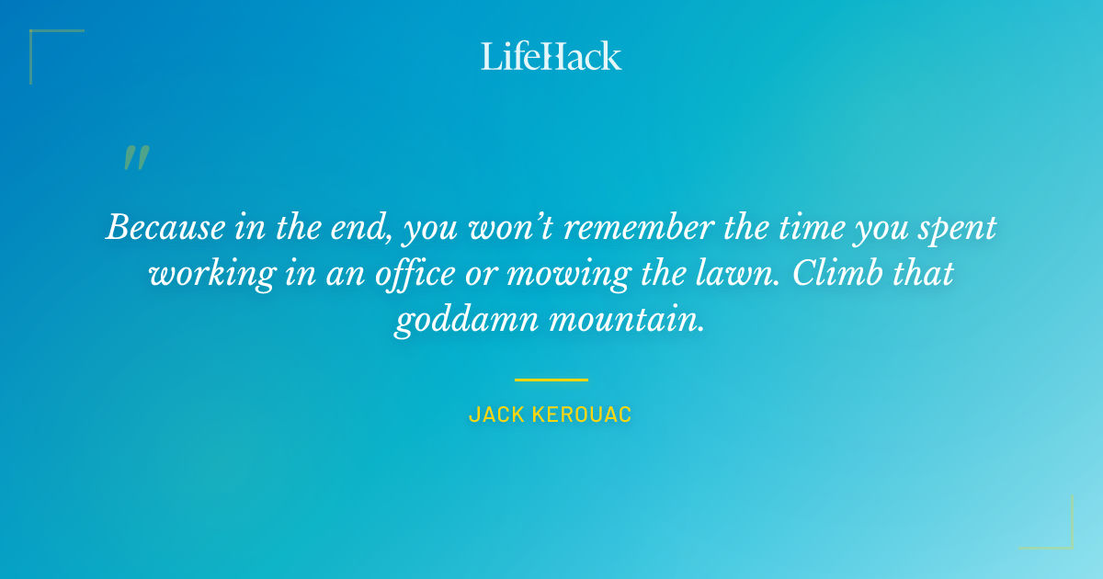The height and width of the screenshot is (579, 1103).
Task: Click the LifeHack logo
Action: click(551, 56)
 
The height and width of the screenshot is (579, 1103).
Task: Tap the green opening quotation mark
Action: click(136, 158)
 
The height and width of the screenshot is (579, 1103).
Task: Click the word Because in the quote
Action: click(165, 227)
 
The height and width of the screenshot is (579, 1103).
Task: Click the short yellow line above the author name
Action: click(551, 379)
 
